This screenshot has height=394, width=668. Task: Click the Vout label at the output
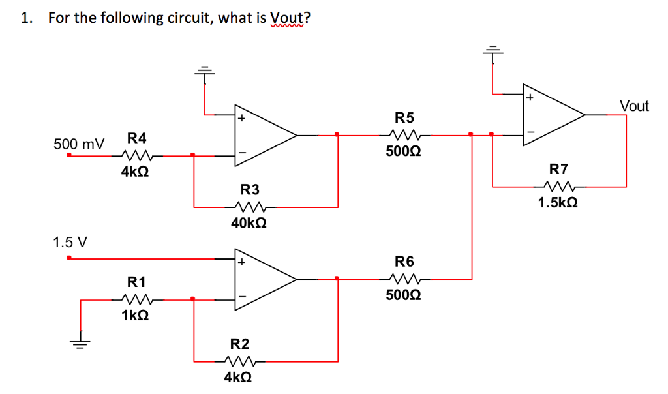(x=633, y=106)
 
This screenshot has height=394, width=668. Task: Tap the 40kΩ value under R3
(x=249, y=223)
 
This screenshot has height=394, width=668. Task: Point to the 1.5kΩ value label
(x=558, y=203)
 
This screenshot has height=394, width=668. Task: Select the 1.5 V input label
(x=70, y=243)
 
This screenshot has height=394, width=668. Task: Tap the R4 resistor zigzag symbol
(x=136, y=155)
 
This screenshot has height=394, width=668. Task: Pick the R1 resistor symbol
(x=136, y=299)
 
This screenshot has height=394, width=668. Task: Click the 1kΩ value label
(x=134, y=316)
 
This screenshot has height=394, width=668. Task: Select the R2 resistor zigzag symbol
(x=239, y=360)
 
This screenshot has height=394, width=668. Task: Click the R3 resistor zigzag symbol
(x=249, y=207)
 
